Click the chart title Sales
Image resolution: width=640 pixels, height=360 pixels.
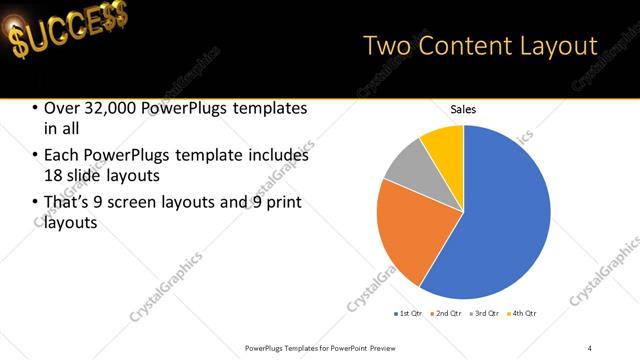pos(463,110)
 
